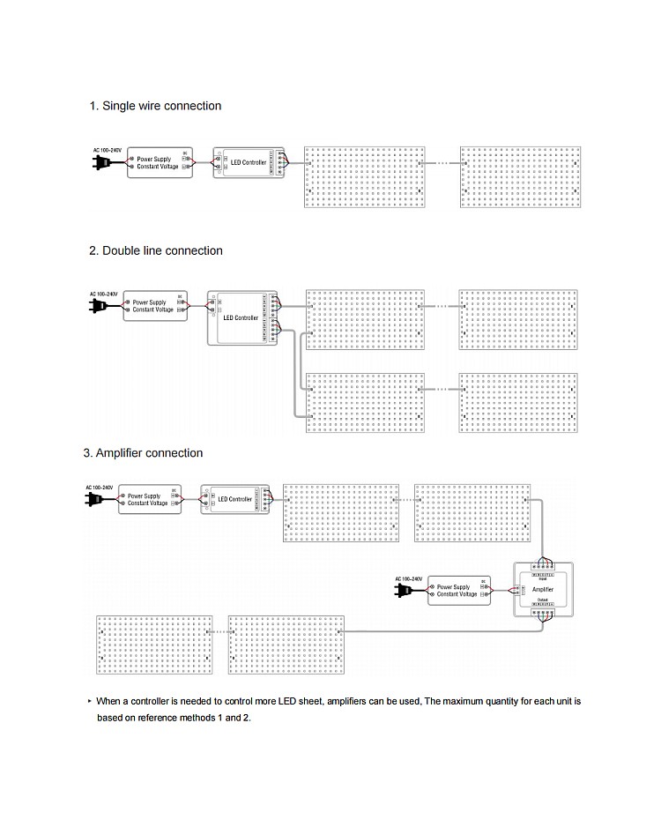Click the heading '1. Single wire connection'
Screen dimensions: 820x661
(x=155, y=106)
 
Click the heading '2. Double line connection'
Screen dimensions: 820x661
(x=156, y=250)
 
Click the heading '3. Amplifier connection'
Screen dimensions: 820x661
(x=143, y=453)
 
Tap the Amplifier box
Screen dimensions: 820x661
(x=543, y=588)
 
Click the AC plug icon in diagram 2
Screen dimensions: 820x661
(x=97, y=306)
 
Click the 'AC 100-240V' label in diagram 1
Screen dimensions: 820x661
(x=108, y=150)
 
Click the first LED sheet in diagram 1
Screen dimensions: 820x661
(x=365, y=176)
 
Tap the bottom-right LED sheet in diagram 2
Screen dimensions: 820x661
(x=519, y=402)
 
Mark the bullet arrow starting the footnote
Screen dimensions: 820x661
(x=89, y=702)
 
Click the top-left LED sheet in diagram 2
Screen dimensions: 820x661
(x=365, y=318)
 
